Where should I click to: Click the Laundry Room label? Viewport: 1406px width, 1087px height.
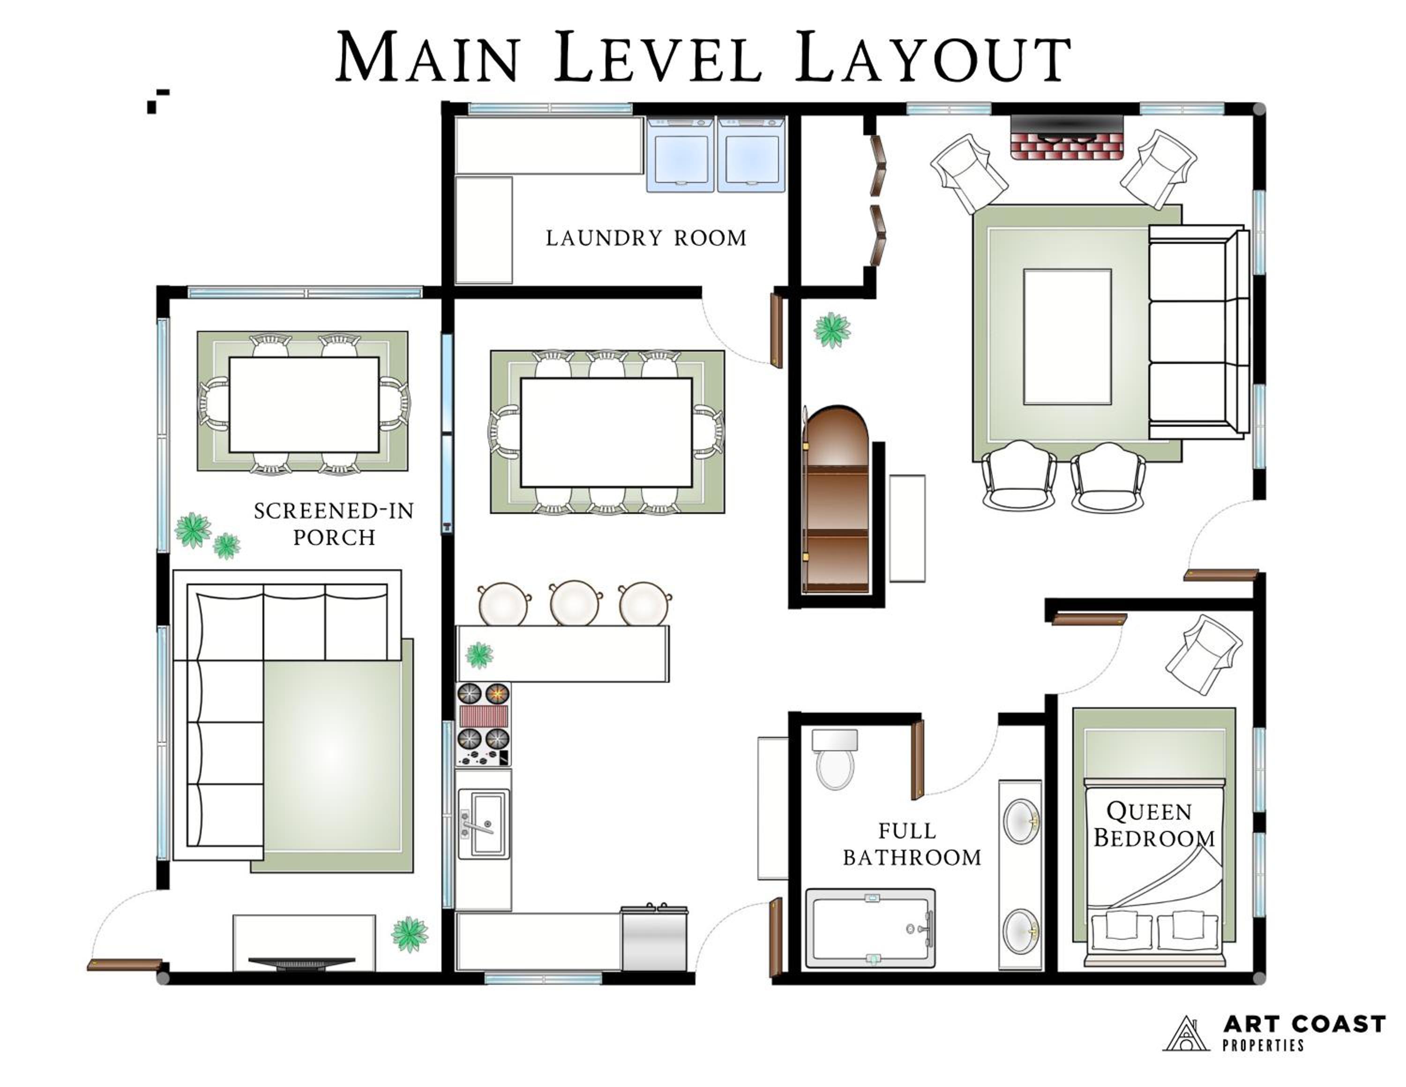point(646,238)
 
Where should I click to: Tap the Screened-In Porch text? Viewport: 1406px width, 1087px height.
point(334,523)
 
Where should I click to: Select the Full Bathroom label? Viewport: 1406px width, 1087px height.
point(912,844)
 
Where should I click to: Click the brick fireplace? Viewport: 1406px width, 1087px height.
point(1067,137)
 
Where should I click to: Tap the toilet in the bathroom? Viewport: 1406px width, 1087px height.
point(835,759)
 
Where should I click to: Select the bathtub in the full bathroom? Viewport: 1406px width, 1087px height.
point(870,928)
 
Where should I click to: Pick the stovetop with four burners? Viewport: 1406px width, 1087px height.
point(484,725)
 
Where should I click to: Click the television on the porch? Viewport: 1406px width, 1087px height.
point(302,963)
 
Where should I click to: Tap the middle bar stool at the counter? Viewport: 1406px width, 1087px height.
point(575,603)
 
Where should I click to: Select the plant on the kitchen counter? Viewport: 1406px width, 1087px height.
point(479,656)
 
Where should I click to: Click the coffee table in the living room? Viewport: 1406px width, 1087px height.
point(1067,337)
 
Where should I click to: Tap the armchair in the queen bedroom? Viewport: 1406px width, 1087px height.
point(1203,654)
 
